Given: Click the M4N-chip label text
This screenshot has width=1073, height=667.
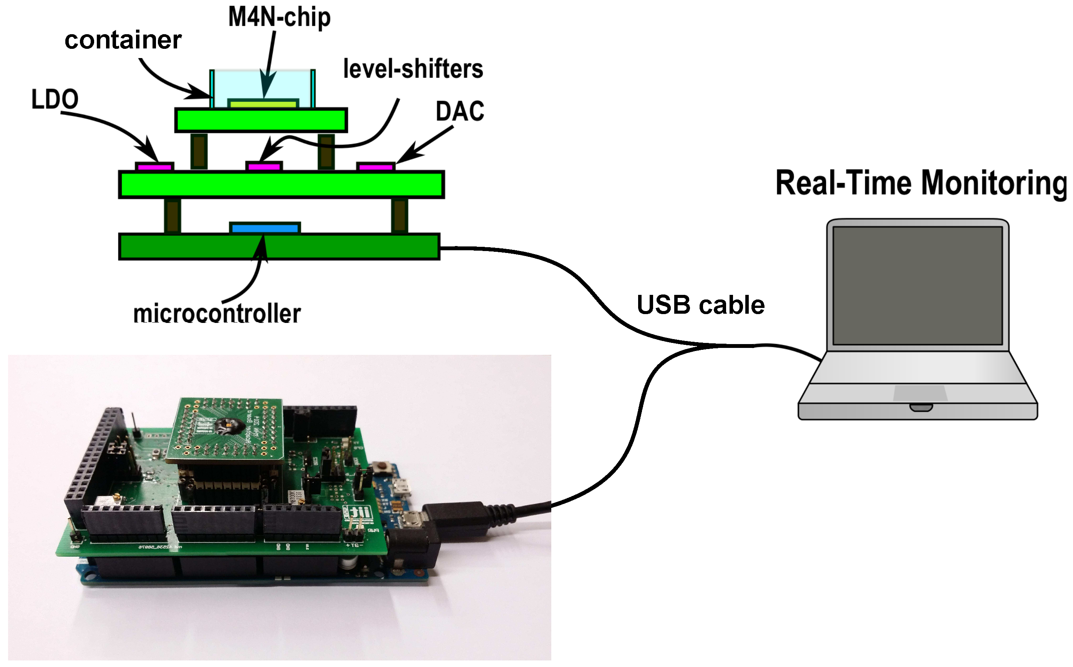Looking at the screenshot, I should tap(279, 18).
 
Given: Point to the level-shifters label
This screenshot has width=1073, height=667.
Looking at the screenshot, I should tap(413, 69).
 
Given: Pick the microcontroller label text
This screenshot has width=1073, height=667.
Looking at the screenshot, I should tap(217, 314).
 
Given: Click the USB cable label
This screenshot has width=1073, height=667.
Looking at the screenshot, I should tap(700, 305).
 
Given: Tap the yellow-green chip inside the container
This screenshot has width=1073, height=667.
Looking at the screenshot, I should tap(263, 105).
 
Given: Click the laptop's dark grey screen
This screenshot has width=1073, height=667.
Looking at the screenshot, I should tap(918, 285).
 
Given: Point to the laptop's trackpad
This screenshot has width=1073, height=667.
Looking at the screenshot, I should tap(920, 393).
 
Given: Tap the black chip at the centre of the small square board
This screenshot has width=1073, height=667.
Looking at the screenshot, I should tap(230, 426).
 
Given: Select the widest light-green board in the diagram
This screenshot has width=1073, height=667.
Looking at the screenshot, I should tap(281, 185).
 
